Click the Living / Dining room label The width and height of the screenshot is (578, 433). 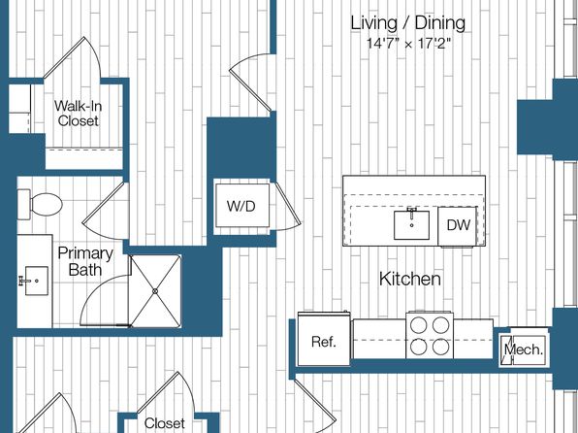407,23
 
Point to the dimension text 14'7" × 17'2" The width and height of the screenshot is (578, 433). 409,44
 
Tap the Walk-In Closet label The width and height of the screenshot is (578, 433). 79,114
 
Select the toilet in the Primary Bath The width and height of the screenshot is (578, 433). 40,204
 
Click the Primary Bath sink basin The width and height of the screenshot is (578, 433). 36,281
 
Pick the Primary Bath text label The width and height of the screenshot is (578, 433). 85,261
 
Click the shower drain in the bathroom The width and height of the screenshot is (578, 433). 155,291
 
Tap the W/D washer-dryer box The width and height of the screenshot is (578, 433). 242,206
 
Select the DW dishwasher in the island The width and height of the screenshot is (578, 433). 458,225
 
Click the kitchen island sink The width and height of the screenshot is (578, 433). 411,225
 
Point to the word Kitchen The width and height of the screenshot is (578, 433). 410,279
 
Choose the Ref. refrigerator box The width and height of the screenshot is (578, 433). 324,339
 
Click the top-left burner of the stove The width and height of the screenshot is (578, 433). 418,325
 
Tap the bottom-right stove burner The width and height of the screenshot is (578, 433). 441,348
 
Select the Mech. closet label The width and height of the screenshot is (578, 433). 524,350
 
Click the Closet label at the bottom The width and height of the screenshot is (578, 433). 165,423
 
